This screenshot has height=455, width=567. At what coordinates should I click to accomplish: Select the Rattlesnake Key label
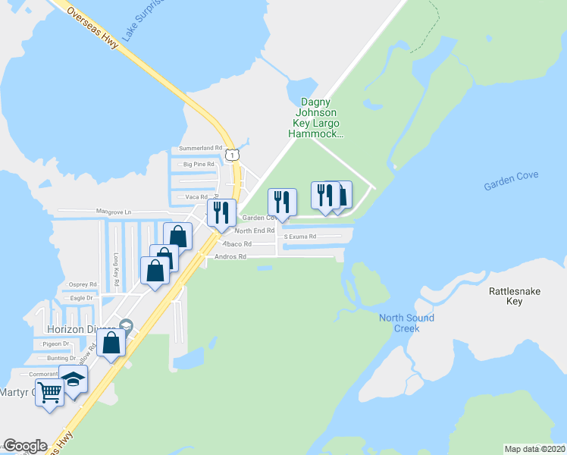pos(506,296)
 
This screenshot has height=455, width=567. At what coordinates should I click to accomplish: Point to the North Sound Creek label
pos(407,323)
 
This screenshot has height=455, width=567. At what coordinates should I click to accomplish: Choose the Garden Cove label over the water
pos(512,176)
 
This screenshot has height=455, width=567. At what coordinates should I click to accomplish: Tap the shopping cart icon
pos(49,393)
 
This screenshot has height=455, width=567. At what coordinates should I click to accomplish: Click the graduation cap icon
pos(74,378)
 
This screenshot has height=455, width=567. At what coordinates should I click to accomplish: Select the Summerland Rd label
pos(201,148)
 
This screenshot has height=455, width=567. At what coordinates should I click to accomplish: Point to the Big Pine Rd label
pos(199,164)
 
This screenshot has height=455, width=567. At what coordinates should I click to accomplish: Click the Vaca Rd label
pos(196,196)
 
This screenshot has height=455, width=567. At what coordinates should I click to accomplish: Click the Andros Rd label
pos(231,257)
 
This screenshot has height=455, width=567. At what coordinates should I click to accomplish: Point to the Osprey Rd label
pos(83,284)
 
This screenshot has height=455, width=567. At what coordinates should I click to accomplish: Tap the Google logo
pos(25,446)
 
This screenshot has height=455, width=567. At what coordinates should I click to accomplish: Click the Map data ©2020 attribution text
pos(535,448)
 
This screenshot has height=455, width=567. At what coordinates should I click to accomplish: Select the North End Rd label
pos(254,231)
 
